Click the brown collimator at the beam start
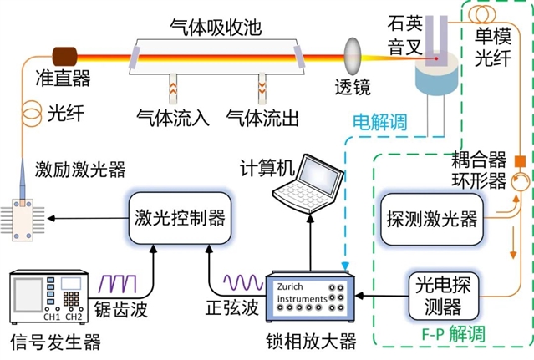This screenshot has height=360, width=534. click(63, 57)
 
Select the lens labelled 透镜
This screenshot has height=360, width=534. click(352, 61)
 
